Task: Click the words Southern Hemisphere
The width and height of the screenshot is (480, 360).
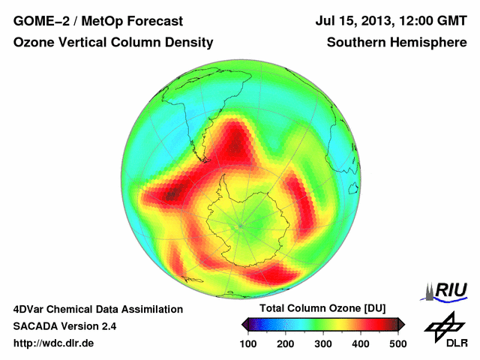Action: coord(397,43)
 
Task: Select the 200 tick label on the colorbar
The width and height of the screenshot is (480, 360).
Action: coord(285,343)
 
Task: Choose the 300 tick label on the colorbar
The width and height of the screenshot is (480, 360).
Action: coord(322,343)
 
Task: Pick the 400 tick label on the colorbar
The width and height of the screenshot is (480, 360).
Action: coord(360,343)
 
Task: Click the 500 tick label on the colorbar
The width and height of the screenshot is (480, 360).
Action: coord(397,343)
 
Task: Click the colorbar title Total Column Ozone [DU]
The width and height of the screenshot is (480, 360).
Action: coord(322,308)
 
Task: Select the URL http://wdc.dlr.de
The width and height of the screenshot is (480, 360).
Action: coord(54,343)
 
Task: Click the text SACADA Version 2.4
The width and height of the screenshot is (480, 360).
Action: coord(64,326)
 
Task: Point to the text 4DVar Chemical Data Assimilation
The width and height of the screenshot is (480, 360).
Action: coord(97,309)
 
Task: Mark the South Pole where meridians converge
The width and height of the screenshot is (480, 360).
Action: coord(240,224)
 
